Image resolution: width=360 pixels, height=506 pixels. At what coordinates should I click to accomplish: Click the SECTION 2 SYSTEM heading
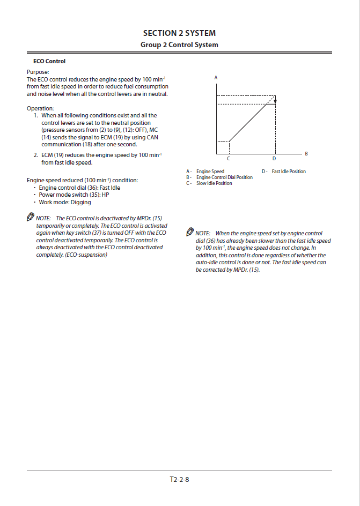click(179, 33)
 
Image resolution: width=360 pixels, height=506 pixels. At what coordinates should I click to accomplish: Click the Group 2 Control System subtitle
click(179, 44)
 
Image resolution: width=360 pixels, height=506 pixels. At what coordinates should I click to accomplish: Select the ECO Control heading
click(49, 61)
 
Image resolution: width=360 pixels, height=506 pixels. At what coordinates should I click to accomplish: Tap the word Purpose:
click(38, 72)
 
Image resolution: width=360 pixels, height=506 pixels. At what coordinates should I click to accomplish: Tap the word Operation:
click(40, 108)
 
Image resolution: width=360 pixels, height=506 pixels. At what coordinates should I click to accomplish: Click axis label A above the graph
click(216, 78)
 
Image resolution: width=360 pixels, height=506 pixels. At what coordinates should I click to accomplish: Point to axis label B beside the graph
click(306, 154)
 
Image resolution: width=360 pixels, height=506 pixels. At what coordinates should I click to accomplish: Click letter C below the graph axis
click(229, 159)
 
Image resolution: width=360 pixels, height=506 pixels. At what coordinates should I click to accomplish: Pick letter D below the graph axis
click(274, 159)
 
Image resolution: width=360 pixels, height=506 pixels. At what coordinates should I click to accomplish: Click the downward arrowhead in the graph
click(275, 100)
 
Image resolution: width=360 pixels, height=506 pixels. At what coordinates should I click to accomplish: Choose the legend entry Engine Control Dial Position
click(224, 177)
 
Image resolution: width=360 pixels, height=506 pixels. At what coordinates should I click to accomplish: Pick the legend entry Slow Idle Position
click(214, 183)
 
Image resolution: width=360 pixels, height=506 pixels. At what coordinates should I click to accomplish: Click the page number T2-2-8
click(179, 479)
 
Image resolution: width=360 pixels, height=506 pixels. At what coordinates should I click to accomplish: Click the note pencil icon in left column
click(30, 218)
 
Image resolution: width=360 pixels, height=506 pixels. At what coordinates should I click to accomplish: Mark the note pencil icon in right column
click(190, 233)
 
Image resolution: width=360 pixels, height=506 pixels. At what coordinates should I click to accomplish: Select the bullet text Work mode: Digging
click(65, 203)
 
